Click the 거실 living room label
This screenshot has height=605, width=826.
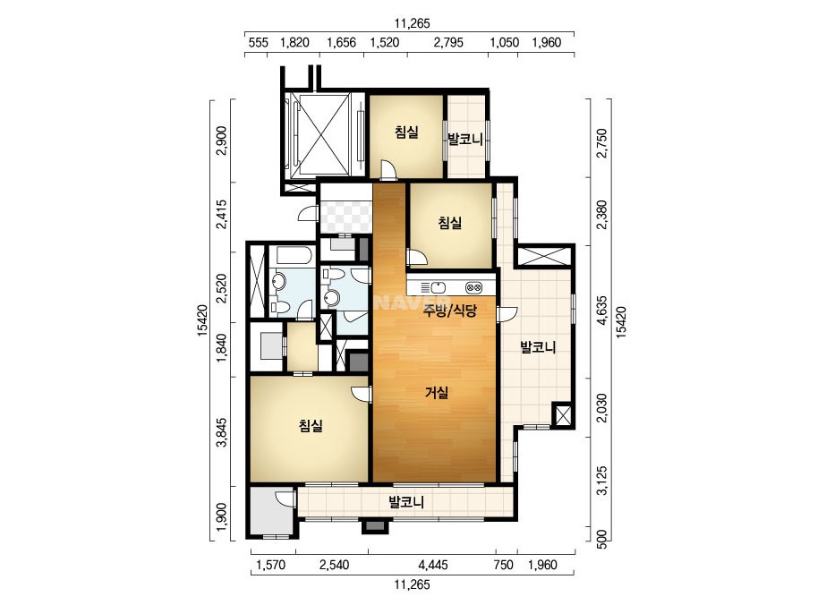tap(437, 392)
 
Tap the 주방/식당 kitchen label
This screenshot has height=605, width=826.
tap(450, 311)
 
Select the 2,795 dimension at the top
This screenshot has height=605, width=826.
tap(448, 43)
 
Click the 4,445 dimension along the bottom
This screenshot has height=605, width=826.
tap(433, 565)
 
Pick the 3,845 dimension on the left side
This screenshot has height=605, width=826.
tap(222, 432)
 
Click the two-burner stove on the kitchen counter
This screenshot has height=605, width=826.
tap(473, 288)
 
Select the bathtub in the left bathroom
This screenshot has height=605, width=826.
tap(293, 256)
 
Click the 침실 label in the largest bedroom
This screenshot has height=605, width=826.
tap(311, 425)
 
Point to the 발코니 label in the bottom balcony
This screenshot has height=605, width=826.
tap(406, 501)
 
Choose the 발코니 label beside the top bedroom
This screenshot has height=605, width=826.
tap(465, 139)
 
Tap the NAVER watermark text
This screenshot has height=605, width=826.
tap(402, 303)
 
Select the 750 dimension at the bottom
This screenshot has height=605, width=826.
tap(504, 565)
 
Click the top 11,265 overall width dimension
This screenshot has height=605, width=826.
tap(412, 23)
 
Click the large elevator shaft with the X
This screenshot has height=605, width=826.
tap(320, 134)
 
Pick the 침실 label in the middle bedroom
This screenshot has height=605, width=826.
tap(450, 223)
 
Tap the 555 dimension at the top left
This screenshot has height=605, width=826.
tap(258, 43)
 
